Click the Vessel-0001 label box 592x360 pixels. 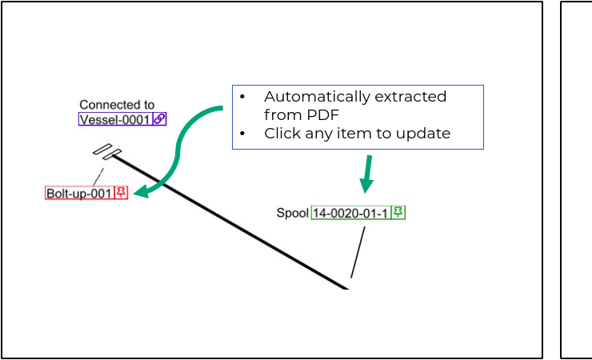tap(114, 119)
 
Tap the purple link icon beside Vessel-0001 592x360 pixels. tap(159, 119)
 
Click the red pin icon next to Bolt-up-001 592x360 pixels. tap(121, 193)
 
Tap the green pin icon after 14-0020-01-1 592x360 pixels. tap(398, 212)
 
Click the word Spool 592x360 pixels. tap(292, 213)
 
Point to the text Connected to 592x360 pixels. tap(117, 105)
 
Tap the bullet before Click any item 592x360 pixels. tap(242, 133)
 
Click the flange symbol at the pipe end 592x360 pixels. tap(106, 152)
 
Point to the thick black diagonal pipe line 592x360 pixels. tap(232, 222)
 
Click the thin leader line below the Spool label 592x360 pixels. tap(358, 252)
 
